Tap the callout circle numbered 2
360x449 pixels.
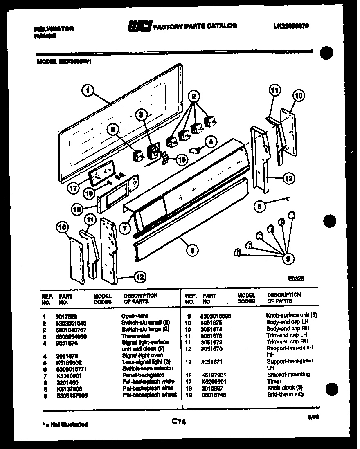pyautogui.click(x=193, y=97)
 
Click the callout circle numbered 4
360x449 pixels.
pyautogui.click(x=210, y=143)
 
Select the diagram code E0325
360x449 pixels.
pyautogui.click(x=296, y=277)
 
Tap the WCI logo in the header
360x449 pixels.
pyautogui.click(x=139, y=27)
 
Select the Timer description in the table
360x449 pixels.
pyautogui.click(x=275, y=381)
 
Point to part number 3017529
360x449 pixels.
pyautogui.click(x=62, y=316)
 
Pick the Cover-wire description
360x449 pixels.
pyautogui.click(x=135, y=316)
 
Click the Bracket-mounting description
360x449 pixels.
pyautogui.click(x=288, y=375)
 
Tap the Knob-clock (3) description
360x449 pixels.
pyautogui.click(x=284, y=388)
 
